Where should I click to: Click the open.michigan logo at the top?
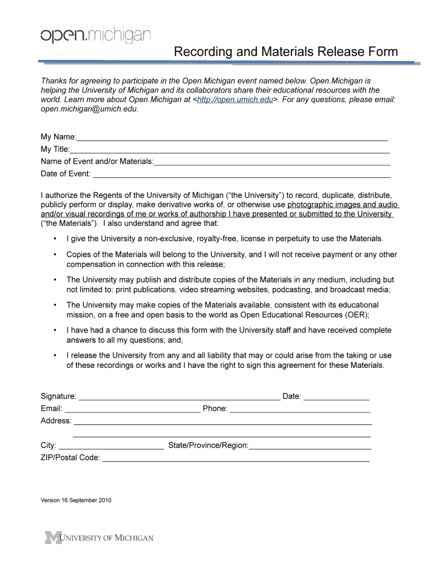[x=95, y=36]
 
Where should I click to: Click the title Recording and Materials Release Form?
[x=286, y=52]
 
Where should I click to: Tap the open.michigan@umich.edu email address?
[x=89, y=109]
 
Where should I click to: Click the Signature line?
[x=178, y=398]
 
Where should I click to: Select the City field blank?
[x=111, y=447]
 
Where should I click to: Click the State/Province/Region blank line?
[x=310, y=447]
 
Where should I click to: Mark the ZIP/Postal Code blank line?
[x=235, y=460]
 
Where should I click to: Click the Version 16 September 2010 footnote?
[x=76, y=501]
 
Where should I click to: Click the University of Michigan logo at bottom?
[x=100, y=538]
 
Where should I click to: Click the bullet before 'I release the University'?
[x=54, y=355]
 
